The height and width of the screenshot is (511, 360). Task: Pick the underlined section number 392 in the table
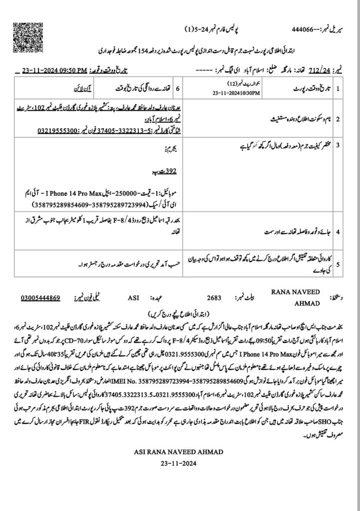[x=170, y=171]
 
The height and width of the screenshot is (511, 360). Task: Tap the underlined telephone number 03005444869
[x=40, y=298]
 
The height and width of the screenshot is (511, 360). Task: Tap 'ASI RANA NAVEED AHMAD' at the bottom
[x=180, y=452]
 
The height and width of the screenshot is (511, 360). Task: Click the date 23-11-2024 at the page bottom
[x=180, y=463]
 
